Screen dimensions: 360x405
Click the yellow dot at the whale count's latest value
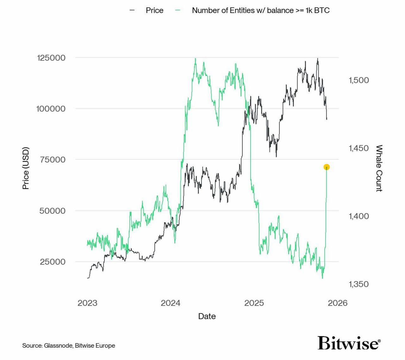(x=327, y=167)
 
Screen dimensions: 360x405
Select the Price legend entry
(x=154, y=10)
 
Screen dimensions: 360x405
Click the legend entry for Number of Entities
(x=260, y=10)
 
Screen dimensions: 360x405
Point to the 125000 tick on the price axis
(x=51, y=58)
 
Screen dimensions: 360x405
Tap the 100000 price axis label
(x=51, y=109)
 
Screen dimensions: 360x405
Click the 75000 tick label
(x=53, y=160)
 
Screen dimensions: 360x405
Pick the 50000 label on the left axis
(x=53, y=211)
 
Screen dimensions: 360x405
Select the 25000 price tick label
(x=53, y=262)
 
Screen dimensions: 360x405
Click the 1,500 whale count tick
(x=359, y=80)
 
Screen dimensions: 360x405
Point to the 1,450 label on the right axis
(x=359, y=148)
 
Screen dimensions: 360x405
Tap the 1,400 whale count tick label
(x=359, y=216)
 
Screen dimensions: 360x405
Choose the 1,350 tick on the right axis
(x=359, y=284)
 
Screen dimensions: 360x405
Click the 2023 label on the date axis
(x=87, y=303)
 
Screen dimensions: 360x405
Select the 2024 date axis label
(x=171, y=303)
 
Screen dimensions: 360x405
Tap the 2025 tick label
(x=254, y=303)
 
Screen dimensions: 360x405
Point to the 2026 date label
(x=338, y=303)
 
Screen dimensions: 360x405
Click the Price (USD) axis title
(x=26, y=168)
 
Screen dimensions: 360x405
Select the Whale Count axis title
(x=379, y=168)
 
